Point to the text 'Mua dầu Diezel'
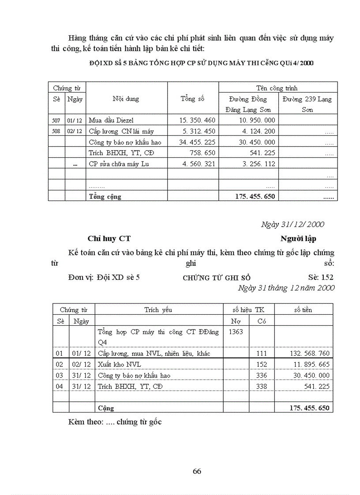(111, 120)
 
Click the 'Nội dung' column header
(126, 99)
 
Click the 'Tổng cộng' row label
(105, 197)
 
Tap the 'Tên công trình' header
(277, 88)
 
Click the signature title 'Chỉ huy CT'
(109, 238)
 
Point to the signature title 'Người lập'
(298, 238)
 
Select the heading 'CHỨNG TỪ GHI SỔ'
(217, 278)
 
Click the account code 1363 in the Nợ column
(236, 332)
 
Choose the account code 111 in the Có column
(262, 354)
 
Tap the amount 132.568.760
(309, 354)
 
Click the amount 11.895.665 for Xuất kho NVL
(311, 365)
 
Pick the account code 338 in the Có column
(262, 386)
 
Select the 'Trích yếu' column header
(158, 310)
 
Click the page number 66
(197, 471)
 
